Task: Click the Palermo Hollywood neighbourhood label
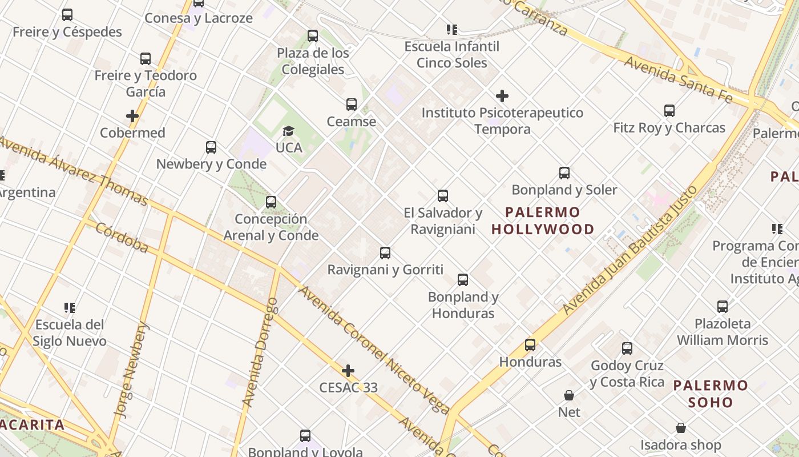(x=543, y=221)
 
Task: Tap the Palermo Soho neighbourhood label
(x=710, y=394)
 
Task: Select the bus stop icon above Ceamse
(x=352, y=105)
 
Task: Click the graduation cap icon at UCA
(x=288, y=131)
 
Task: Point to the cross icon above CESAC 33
(x=348, y=371)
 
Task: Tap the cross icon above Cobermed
(x=132, y=116)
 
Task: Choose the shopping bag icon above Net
(x=569, y=395)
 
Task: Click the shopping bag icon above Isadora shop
(x=680, y=428)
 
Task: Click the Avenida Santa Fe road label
(x=677, y=80)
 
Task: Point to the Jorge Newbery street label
(x=131, y=370)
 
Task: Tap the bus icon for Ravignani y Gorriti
(x=385, y=252)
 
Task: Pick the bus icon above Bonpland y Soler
(x=564, y=173)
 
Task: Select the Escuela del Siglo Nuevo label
(x=70, y=333)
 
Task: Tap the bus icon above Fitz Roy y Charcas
(x=669, y=111)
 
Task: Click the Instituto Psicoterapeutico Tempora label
(x=502, y=121)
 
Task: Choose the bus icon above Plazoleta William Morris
(x=723, y=307)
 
